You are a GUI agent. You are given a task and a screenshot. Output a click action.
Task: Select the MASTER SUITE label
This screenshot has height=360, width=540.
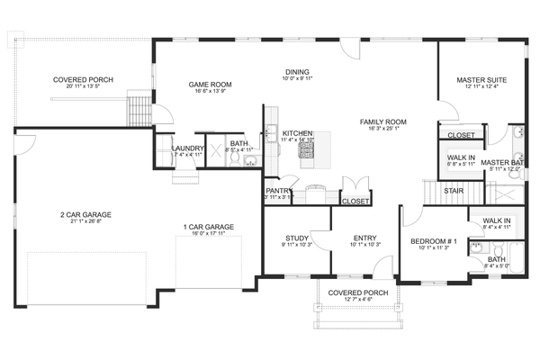[x=481, y=79]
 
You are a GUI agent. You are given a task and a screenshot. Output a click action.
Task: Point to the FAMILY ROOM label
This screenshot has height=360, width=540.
[x=383, y=121]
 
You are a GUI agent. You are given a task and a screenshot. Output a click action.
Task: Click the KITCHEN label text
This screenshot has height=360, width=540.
[x=297, y=131]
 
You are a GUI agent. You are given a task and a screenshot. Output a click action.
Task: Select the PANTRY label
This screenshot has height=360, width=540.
[x=276, y=191]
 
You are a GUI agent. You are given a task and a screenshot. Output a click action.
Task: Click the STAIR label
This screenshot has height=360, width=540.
[x=454, y=191]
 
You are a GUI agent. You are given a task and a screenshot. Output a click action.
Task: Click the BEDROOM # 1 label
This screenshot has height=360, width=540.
[x=434, y=241]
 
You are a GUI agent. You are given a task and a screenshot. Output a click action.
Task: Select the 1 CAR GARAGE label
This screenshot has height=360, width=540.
[x=208, y=227]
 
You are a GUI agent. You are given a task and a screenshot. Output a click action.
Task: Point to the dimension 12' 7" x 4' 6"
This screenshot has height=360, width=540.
[x=357, y=300]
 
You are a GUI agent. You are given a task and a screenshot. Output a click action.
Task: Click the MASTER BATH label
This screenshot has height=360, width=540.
[x=500, y=163]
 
